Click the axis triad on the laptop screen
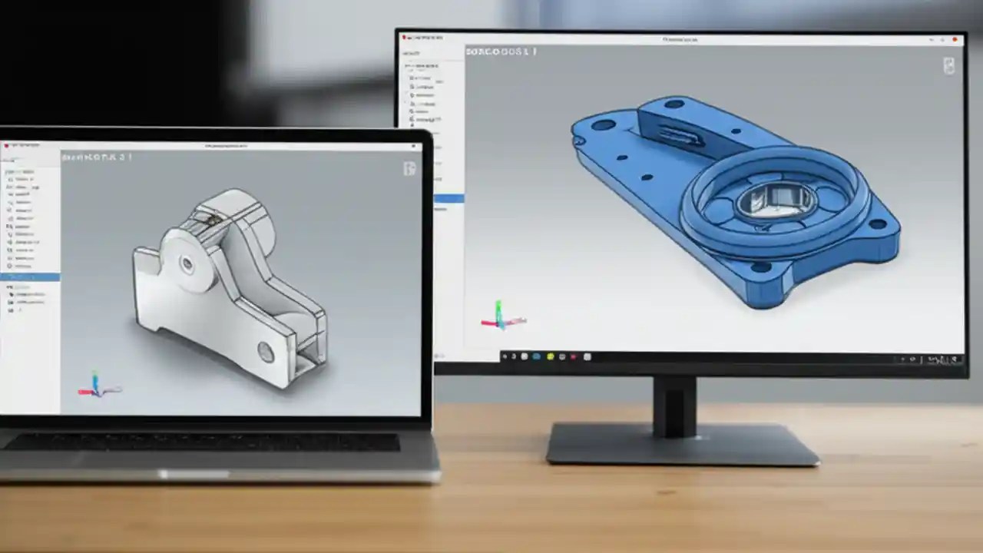click(x=96, y=386)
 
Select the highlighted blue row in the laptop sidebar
click(x=30, y=276)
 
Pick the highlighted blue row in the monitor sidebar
click(x=449, y=198)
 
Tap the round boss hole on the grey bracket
click(x=187, y=264)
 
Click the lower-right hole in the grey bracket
click(x=266, y=352)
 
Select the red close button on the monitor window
click(x=955, y=38)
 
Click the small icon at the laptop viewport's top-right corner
click(x=410, y=168)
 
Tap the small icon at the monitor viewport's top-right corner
click(x=949, y=66)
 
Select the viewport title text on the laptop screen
click(x=97, y=157)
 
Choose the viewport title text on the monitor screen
click(x=501, y=51)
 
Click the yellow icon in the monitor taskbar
click(x=549, y=356)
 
